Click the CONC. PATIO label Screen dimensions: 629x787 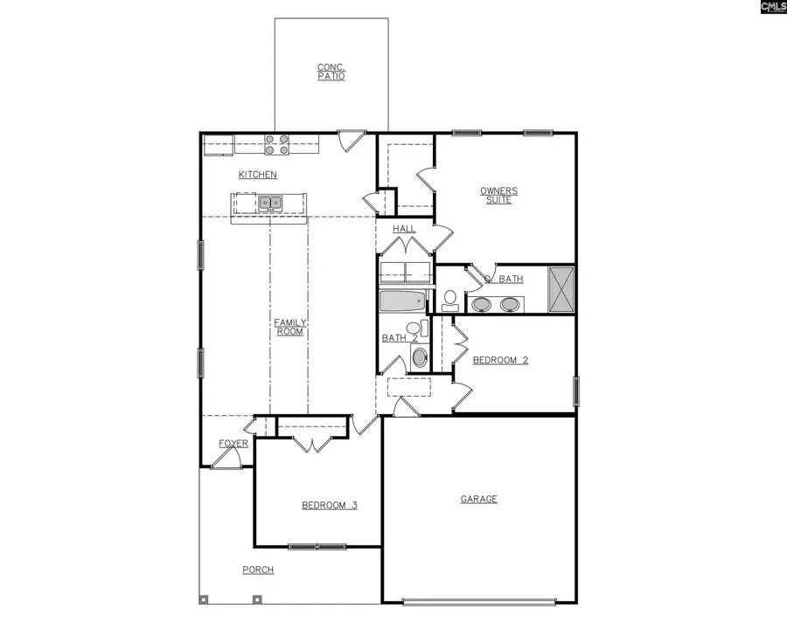point(331,72)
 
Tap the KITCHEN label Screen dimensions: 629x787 point(258,175)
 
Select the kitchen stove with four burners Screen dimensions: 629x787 point(277,144)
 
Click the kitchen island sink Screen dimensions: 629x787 point(269,204)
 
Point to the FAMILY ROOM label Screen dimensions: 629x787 point(289,327)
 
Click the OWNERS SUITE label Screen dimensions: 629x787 point(498,195)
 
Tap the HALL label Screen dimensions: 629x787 point(404,229)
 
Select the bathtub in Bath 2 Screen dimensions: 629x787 point(402,302)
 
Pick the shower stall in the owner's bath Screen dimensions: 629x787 point(561,288)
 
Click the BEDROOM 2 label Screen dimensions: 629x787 point(500,359)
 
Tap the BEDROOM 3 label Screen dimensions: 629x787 point(329,505)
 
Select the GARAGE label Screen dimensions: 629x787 point(479,499)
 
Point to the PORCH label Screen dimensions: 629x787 point(258,570)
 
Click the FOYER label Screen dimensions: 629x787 point(233,444)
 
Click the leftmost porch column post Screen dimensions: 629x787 point(204,599)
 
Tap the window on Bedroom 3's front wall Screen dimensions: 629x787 point(317,547)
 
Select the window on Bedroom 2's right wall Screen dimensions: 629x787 point(576,391)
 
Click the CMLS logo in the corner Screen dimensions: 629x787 point(772,8)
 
